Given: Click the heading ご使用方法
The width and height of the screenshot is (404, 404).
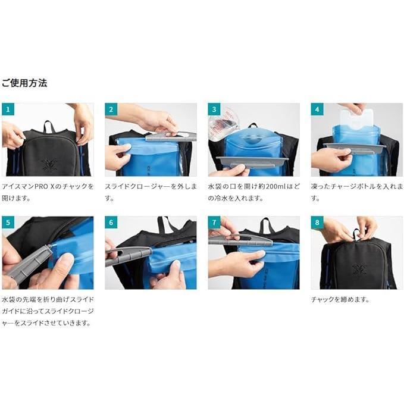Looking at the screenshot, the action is tap(24, 83).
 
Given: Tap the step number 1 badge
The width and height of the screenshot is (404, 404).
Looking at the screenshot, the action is tap(8, 109).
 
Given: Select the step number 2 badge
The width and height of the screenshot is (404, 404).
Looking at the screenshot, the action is tap(111, 109).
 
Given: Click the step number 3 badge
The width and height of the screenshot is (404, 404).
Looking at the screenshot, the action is tap(214, 109).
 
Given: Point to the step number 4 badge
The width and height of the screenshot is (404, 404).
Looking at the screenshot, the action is tap(317, 109).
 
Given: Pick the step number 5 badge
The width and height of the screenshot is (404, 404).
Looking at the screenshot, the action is tap(8, 223).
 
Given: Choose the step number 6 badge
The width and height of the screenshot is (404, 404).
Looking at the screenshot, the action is tap(111, 223).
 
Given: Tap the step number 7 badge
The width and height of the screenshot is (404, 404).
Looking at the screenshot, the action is tap(214, 223).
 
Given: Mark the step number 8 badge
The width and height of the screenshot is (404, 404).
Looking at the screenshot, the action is tap(317, 223).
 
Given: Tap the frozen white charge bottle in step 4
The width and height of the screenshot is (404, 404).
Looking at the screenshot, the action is tap(357, 120).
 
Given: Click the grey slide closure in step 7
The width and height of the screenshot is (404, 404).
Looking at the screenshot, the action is tap(240, 240).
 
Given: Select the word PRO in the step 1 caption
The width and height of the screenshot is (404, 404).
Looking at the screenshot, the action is tap(42, 186).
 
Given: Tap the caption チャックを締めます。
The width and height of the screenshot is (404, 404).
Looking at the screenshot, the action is tap(340, 299).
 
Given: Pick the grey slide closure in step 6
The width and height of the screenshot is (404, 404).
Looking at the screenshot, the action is tap(128, 256).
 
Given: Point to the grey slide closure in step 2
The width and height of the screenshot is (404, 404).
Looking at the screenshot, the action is tap(171, 136).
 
